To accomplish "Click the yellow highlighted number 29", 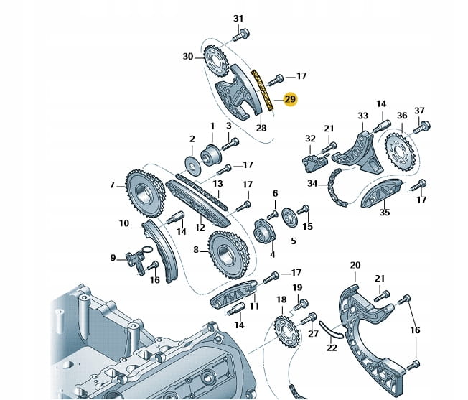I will tap(290, 100).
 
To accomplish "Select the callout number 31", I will tap(239, 18).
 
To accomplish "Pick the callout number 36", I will tap(402, 115).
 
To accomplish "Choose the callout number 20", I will tap(355, 265).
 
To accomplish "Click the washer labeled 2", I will tap(192, 159).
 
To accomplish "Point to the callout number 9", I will tap(113, 257).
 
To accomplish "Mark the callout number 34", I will tap(312, 184).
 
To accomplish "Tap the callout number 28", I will tap(261, 128).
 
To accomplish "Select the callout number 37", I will tap(420, 110).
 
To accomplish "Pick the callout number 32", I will tap(310, 139).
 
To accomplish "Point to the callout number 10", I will tap(124, 223).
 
